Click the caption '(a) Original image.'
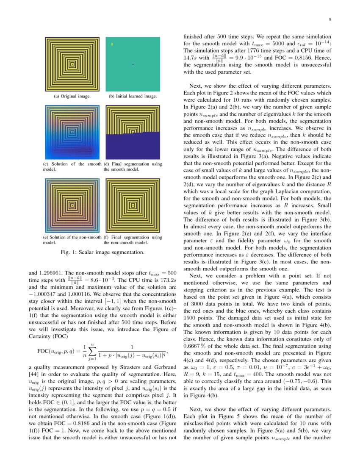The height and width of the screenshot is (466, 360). coord(72,96)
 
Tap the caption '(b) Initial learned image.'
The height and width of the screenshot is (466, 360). coord(132,96)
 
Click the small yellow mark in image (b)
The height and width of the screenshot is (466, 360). coord(112,44)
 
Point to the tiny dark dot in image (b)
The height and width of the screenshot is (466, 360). coord(133,64)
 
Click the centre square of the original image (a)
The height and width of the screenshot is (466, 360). coord(72,64)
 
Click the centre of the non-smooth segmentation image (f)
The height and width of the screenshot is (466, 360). coord(133,205)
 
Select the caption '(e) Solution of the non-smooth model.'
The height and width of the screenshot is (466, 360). coord(72,240)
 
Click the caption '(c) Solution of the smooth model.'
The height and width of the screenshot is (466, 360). coord(72,166)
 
